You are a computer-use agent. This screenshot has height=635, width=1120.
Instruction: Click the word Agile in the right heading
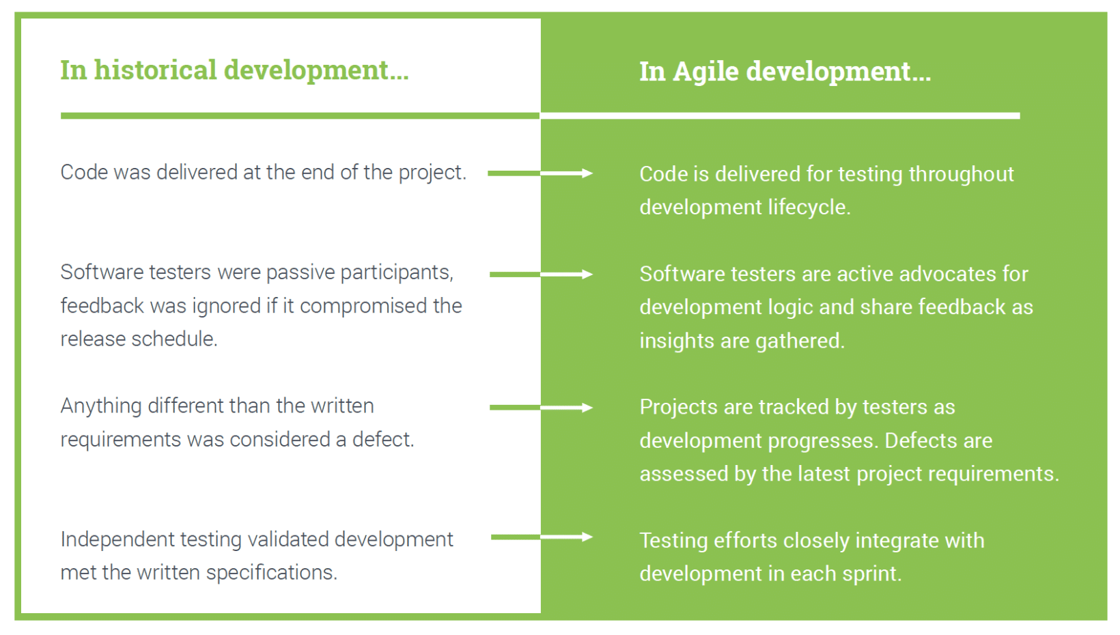click(705, 72)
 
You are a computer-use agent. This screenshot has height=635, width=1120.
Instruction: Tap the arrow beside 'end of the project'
click(540, 173)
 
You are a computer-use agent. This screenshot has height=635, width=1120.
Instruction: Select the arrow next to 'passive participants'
click(541, 274)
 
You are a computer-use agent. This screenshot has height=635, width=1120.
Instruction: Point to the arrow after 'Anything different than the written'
click(541, 408)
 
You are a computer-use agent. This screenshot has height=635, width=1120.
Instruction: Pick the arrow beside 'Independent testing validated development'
click(541, 537)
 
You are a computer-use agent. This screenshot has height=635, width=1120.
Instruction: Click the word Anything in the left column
click(101, 406)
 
